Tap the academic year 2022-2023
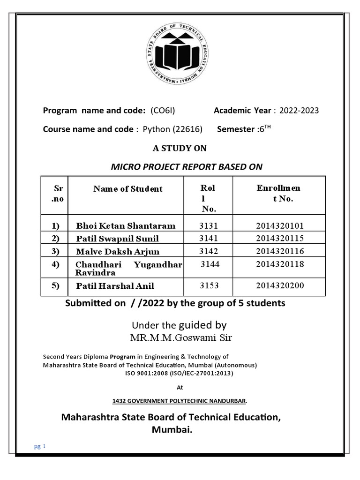[299, 111]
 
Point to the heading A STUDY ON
[180, 148]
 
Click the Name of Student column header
[128, 189]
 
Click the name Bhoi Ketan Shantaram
[126, 226]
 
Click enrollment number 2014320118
[280, 264]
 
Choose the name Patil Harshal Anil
[115, 286]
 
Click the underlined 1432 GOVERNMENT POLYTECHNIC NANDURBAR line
[180, 401]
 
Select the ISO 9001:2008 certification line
[179, 374]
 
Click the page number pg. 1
[39, 447]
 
